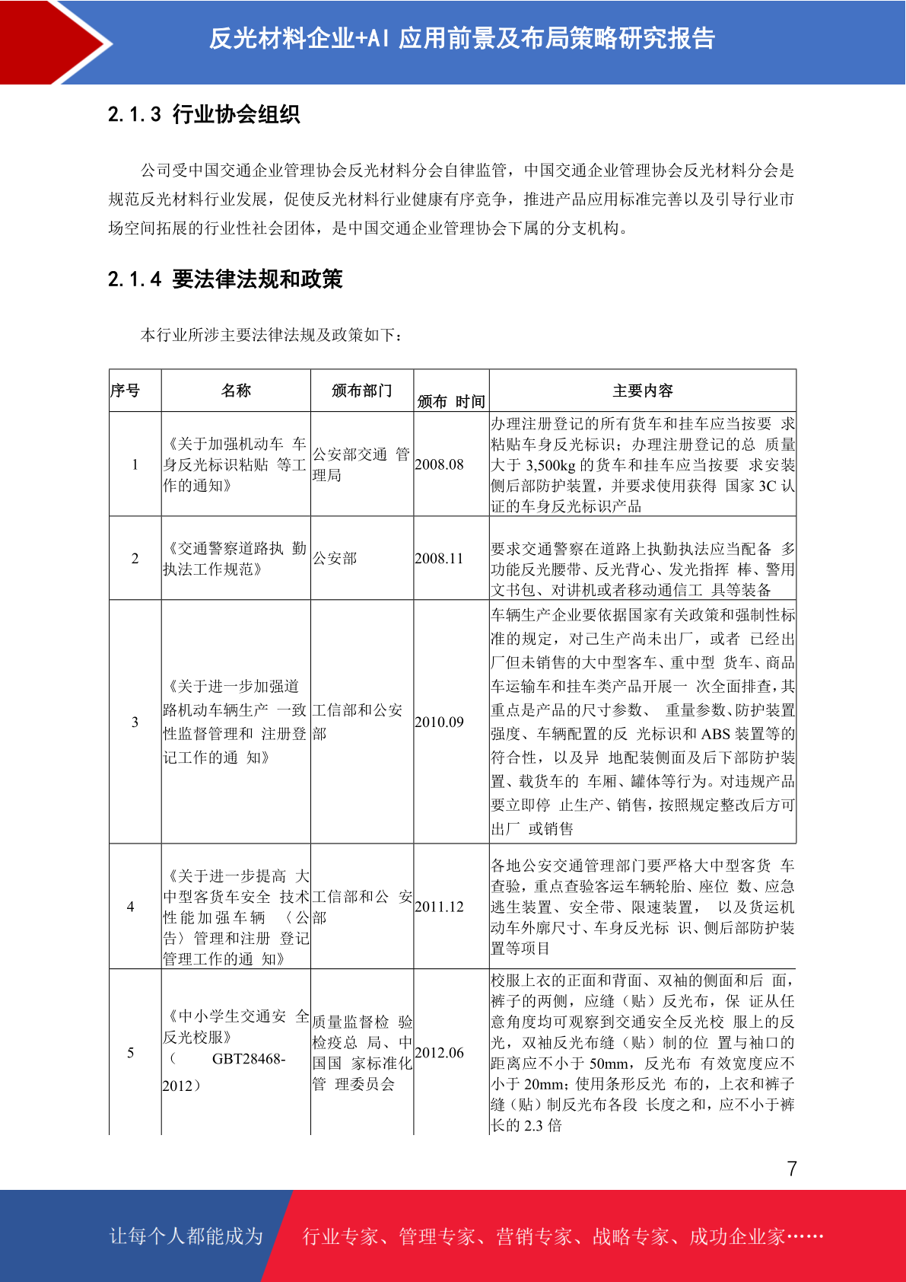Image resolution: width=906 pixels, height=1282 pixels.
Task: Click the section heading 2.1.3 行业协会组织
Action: click(204, 114)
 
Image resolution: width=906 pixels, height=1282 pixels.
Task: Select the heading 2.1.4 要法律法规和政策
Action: click(225, 279)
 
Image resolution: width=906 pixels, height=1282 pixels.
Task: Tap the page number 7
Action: click(792, 1169)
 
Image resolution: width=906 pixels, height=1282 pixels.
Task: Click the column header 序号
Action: click(126, 391)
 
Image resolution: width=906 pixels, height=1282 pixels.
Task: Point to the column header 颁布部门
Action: click(361, 391)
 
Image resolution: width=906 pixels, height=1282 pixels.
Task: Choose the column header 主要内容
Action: click(643, 391)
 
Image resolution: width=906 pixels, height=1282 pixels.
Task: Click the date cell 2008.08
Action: click(439, 464)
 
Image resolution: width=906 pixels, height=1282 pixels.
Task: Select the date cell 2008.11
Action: click(439, 558)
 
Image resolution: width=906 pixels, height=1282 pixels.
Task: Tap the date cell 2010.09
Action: click(439, 722)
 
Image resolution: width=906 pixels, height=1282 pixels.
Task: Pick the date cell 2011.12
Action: click(439, 907)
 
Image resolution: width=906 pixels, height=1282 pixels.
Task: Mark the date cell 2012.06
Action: click(439, 1053)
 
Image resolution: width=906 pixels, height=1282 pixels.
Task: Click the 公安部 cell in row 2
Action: click(335, 558)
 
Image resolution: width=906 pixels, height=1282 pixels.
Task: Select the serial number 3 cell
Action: click(135, 722)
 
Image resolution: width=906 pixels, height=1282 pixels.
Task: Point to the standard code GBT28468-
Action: click(249, 1059)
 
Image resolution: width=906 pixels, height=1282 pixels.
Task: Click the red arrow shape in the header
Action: click(57, 42)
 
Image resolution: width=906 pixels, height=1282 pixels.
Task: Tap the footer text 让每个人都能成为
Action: click(186, 1236)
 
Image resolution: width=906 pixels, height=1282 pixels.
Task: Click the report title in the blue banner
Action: click(462, 38)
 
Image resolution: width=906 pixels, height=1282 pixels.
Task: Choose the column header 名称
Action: click(236, 391)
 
